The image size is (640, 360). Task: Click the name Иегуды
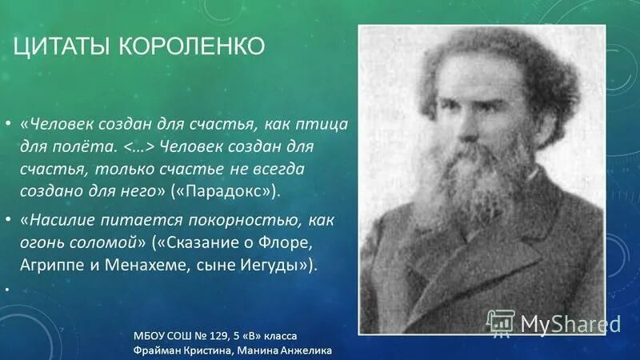269,265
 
